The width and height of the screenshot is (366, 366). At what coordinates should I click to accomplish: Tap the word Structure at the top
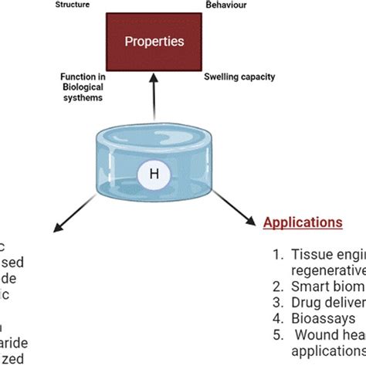(x=73, y=4)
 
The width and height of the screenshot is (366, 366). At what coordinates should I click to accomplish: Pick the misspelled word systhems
(x=83, y=97)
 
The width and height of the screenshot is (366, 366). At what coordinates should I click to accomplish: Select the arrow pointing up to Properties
(x=154, y=97)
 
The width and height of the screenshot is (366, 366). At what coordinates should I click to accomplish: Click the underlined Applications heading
(x=303, y=222)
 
